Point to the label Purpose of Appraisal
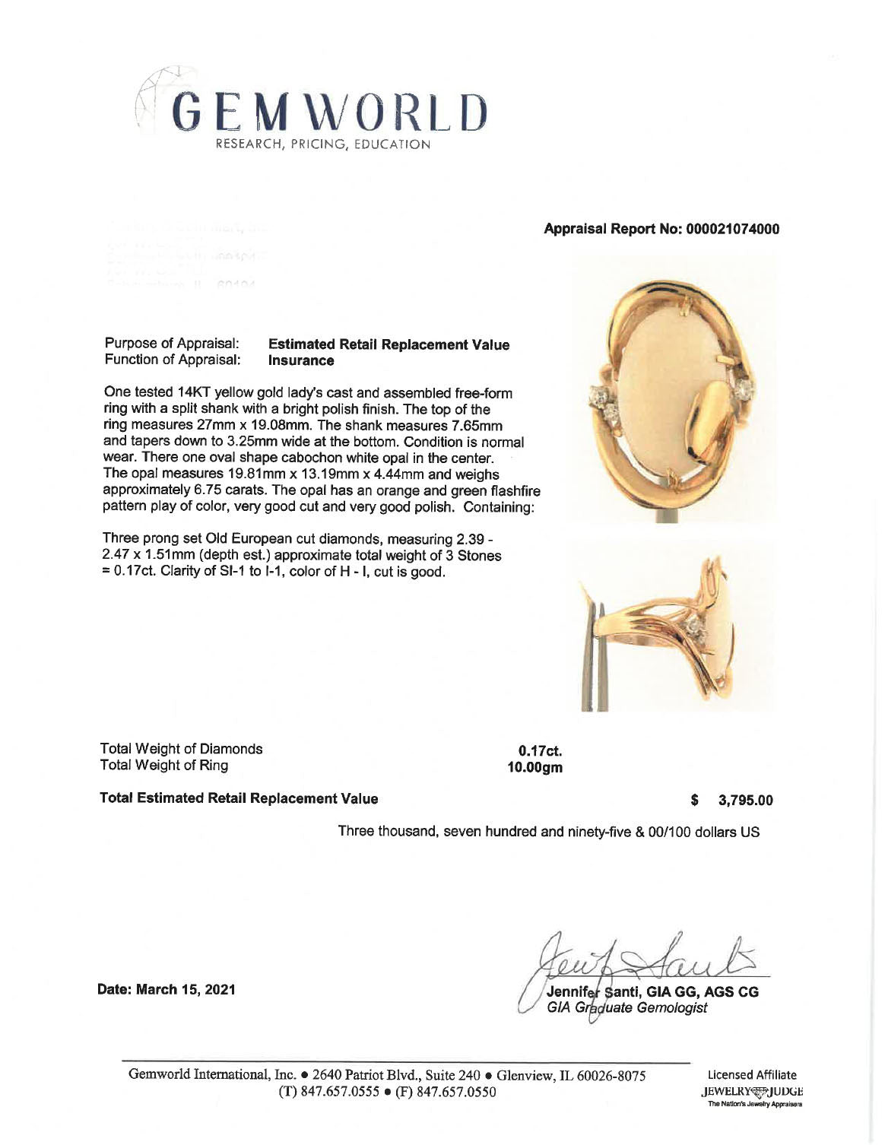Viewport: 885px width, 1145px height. (172, 344)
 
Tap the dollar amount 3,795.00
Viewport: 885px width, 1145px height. (745, 801)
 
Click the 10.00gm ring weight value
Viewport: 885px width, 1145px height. (535, 767)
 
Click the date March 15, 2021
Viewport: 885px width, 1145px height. (165, 989)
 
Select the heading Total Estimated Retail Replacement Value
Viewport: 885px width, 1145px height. (239, 798)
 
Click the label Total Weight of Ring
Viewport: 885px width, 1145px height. (164, 766)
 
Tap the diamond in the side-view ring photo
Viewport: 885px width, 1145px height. (694, 625)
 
